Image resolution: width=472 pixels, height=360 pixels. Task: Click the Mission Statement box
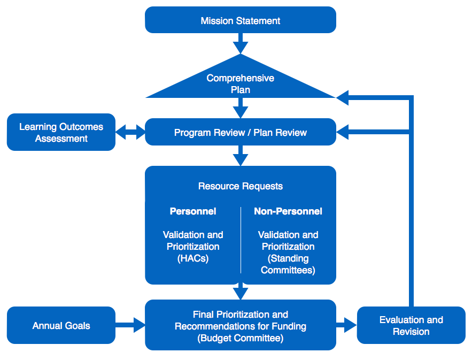(241, 20)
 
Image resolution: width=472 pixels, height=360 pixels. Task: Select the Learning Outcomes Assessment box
(61, 132)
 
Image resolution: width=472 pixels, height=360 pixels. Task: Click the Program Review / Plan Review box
(241, 132)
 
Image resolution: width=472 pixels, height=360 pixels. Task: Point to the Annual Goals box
(61, 325)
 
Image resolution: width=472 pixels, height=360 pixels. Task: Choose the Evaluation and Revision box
(411, 325)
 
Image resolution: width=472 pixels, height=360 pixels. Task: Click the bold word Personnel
(193, 211)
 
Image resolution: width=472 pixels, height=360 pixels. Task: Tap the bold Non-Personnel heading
(288, 211)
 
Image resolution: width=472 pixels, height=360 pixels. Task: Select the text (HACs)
(193, 258)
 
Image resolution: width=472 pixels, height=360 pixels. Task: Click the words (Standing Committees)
(288, 264)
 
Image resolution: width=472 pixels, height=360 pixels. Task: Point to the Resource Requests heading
(241, 186)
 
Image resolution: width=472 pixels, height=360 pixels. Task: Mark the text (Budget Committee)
(241, 338)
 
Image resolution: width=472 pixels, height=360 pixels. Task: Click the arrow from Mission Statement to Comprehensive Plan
(241, 43)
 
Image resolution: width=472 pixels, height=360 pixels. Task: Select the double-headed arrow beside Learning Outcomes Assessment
(130, 132)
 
